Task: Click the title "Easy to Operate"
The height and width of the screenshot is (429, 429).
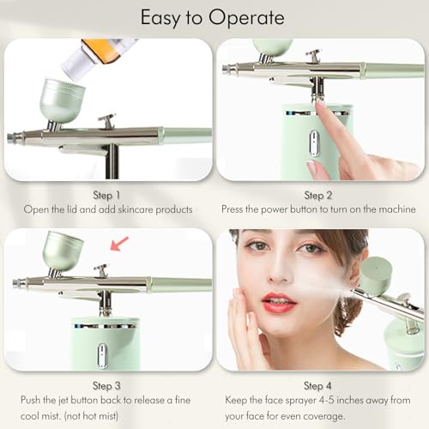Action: coord(214,17)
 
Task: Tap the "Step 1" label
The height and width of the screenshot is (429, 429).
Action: coord(106,195)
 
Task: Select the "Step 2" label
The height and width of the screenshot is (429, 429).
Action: coord(321,195)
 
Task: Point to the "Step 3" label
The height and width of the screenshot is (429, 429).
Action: coord(106,385)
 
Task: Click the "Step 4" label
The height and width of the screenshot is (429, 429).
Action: coord(321,385)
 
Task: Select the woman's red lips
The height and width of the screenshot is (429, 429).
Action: coord(279,302)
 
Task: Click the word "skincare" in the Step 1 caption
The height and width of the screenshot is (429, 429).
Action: coord(130,209)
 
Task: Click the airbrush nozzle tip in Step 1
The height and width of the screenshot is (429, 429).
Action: coord(12,138)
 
